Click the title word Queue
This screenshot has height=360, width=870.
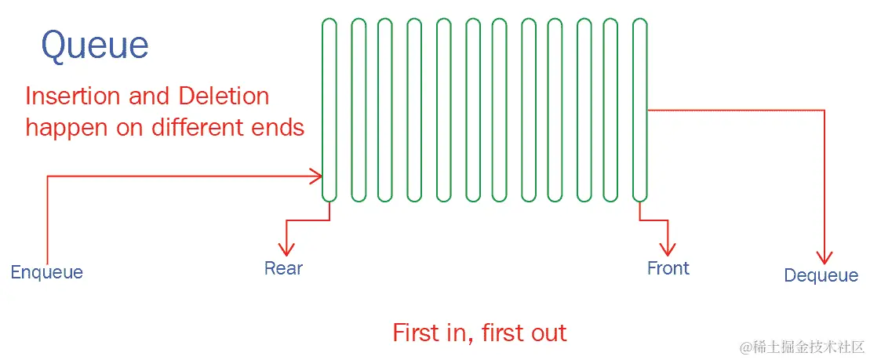(95, 45)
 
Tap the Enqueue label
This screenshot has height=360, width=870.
(46, 272)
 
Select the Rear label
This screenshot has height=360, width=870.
(283, 268)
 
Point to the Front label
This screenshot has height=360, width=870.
(668, 268)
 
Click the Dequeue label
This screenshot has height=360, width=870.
(821, 275)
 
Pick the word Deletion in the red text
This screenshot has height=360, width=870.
(224, 96)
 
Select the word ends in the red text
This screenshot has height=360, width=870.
(280, 127)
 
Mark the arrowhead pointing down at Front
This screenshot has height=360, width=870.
(668, 249)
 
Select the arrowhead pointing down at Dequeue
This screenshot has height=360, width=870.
(824, 256)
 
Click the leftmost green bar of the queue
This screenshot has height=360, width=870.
(329, 110)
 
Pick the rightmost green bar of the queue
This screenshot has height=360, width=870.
(640, 110)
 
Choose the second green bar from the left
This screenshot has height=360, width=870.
(359, 110)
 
